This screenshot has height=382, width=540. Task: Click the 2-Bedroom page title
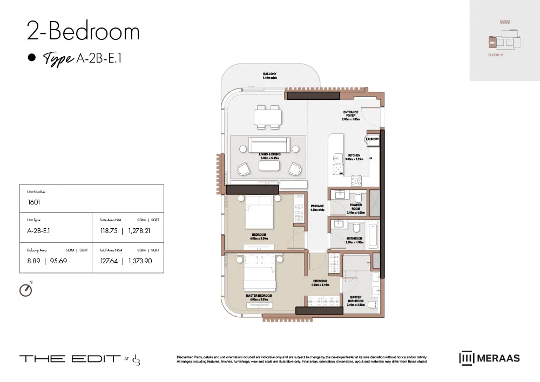[83, 32]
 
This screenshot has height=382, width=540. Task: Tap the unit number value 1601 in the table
[35, 203]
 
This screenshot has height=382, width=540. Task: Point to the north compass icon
[25, 290]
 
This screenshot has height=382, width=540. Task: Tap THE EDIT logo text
[70, 359]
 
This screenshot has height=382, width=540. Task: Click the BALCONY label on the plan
[270, 74]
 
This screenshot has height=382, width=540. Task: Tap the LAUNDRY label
[372, 139]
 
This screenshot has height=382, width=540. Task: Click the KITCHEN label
[354, 157]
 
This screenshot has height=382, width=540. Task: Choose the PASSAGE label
[317, 208]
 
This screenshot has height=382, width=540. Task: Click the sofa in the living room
[269, 145]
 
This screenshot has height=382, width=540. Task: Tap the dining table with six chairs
[268, 117]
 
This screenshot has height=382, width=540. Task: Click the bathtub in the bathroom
[374, 236]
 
